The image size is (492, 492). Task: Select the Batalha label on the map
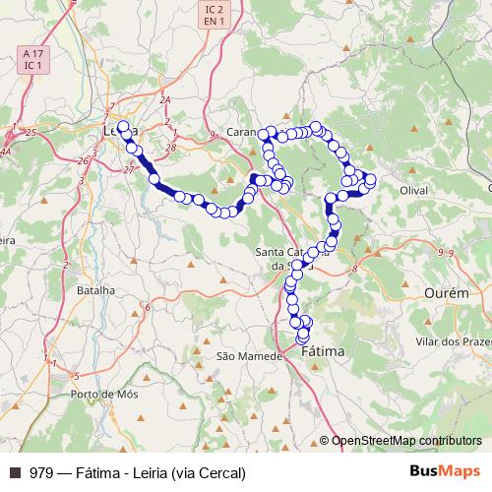[94, 290]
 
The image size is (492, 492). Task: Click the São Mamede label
[237, 355]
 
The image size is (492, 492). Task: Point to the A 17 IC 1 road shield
[32, 59]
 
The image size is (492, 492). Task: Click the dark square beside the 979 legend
[14, 472]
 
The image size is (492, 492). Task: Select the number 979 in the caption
[40, 472]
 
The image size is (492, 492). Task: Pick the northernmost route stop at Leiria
[123, 126]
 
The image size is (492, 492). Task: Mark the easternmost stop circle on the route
[371, 178]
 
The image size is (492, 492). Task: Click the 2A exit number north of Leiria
[165, 100]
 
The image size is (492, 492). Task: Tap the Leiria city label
[119, 129]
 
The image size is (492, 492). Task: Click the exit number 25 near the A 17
[31, 132]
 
